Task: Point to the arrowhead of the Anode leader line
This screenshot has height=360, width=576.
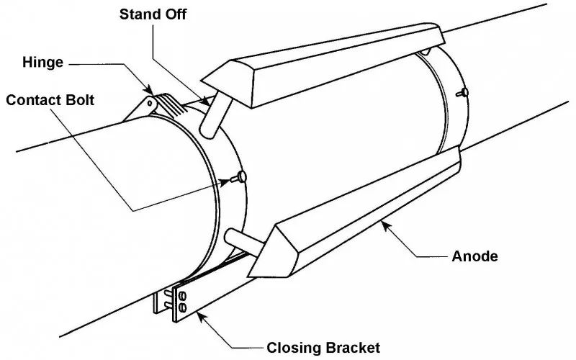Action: [x=385, y=226]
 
